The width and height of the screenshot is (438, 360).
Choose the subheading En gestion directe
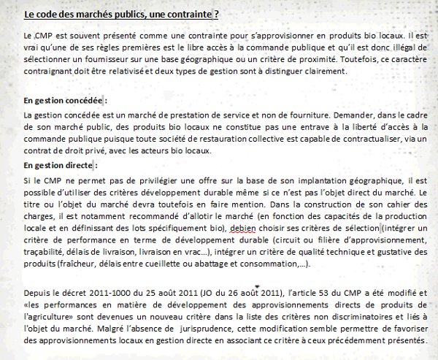59,165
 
